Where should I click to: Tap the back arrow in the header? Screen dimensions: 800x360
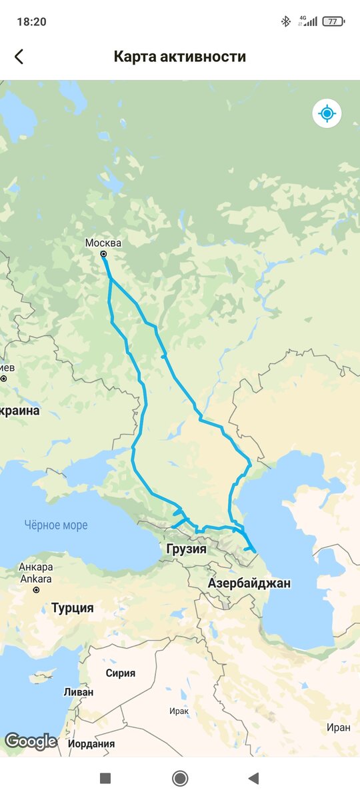(x=19, y=57)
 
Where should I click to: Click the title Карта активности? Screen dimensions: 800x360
(x=180, y=57)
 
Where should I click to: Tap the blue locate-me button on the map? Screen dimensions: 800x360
(x=327, y=113)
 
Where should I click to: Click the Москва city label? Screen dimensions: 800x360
(x=103, y=243)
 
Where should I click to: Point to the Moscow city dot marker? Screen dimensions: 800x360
(x=103, y=254)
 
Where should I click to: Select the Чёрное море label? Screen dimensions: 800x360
(x=57, y=525)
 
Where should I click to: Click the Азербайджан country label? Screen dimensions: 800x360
(x=249, y=583)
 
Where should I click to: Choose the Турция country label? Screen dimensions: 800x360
(x=73, y=608)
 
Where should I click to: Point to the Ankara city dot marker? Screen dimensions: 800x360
(x=37, y=590)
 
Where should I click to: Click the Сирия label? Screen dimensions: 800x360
(x=120, y=673)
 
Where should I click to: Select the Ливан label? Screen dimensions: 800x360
(x=78, y=692)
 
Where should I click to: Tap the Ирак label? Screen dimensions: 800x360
(x=179, y=711)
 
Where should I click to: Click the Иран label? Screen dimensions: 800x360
(x=338, y=728)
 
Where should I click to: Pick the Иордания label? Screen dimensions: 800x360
(x=91, y=743)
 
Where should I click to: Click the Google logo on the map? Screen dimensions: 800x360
(x=31, y=741)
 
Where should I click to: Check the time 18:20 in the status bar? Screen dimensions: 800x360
(x=31, y=22)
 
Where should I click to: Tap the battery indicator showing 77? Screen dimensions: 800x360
(x=333, y=22)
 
